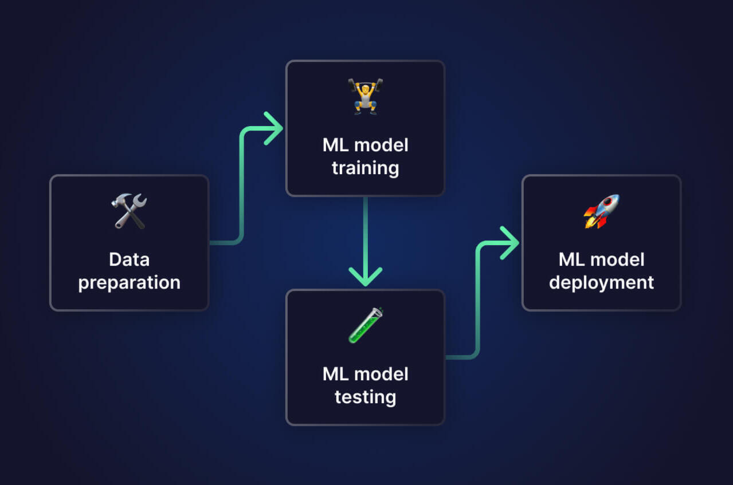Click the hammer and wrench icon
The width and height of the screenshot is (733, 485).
coord(129,211)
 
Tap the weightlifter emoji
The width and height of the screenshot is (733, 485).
coord(365,97)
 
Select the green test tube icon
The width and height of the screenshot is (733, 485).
coord(365,325)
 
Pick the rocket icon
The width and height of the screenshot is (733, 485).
coord(601,211)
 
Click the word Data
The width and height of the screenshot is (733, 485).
coord(129,259)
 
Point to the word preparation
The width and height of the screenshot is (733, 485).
coord(129,283)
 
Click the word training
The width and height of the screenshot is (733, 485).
coord(365,168)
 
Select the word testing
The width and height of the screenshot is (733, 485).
coord(365,397)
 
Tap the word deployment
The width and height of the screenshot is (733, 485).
coord(601,282)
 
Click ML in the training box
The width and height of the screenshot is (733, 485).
coord(335,145)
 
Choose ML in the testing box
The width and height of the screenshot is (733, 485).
coord(335,374)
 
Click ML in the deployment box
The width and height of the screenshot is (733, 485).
coord(571,259)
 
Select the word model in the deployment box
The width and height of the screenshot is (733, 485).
coord(617,259)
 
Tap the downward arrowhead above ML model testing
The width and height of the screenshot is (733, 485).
coord(365,278)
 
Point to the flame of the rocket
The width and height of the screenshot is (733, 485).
coord(589,221)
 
